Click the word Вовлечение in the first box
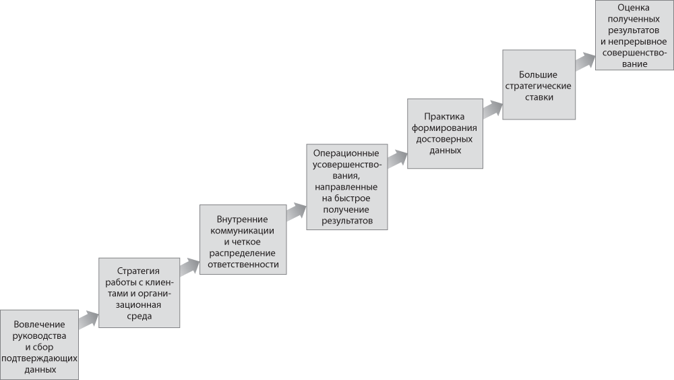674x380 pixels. tap(39, 325)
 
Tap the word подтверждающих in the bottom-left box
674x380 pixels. tap(39, 358)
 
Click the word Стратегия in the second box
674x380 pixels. tap(138, 271)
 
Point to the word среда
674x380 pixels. tap(140, 317)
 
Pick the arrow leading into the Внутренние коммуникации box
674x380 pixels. tap(189, 267)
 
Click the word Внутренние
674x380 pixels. tap(242, 219)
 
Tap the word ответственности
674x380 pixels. tap(243, 264)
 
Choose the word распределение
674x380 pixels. tap(243, 253)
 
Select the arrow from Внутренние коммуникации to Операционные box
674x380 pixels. tap(296, 213)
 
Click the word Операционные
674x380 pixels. tap(346, 153)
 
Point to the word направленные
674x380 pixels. tap(346, 187)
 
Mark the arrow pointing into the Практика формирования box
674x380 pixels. tap(397, 159)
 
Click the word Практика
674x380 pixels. tap(444, 117)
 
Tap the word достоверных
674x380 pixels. tap(444, 139)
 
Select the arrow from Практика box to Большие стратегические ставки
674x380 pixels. tap(493, 109)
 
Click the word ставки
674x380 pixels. tap(539, 97)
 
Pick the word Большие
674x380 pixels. tap(538, 75)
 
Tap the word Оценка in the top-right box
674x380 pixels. tap(634, 7)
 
